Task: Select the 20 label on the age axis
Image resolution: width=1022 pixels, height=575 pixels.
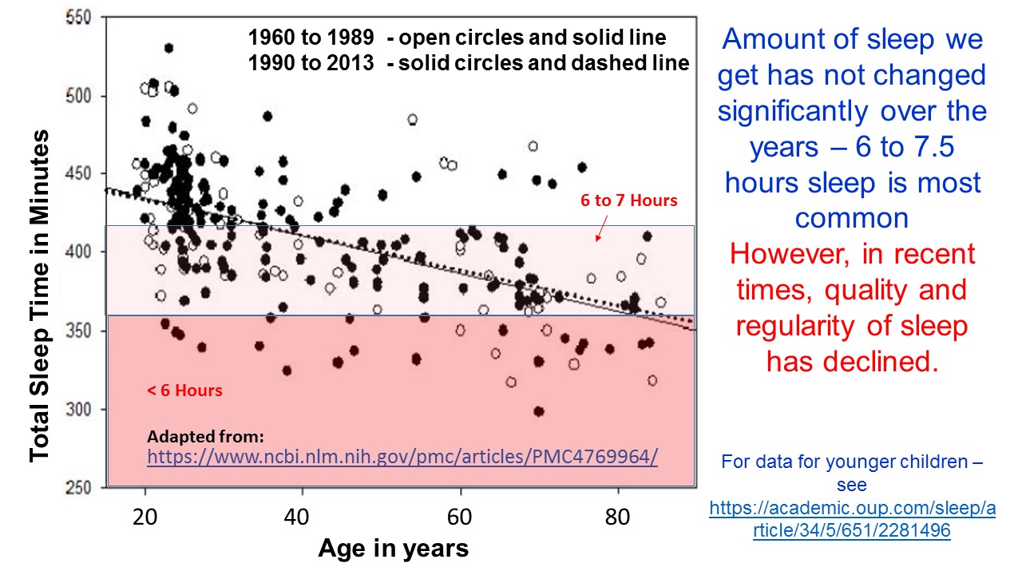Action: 145,515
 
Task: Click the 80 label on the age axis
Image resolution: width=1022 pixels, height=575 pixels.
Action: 617,515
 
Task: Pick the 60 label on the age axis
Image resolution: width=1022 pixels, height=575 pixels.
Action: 461,515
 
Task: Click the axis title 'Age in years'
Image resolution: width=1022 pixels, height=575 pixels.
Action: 393,549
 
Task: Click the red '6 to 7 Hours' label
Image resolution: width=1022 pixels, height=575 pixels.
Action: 629,200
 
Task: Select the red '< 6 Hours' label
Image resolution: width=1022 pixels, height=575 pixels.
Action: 184,391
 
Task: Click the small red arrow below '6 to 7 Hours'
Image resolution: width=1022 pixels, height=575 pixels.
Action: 600,231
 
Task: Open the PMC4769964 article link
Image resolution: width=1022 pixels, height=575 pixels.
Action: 402,457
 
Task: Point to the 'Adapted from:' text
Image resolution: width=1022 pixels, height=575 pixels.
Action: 205,437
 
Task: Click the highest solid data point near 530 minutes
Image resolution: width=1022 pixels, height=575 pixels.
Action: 168,48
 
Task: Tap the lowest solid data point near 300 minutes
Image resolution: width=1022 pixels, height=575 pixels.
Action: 539,411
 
